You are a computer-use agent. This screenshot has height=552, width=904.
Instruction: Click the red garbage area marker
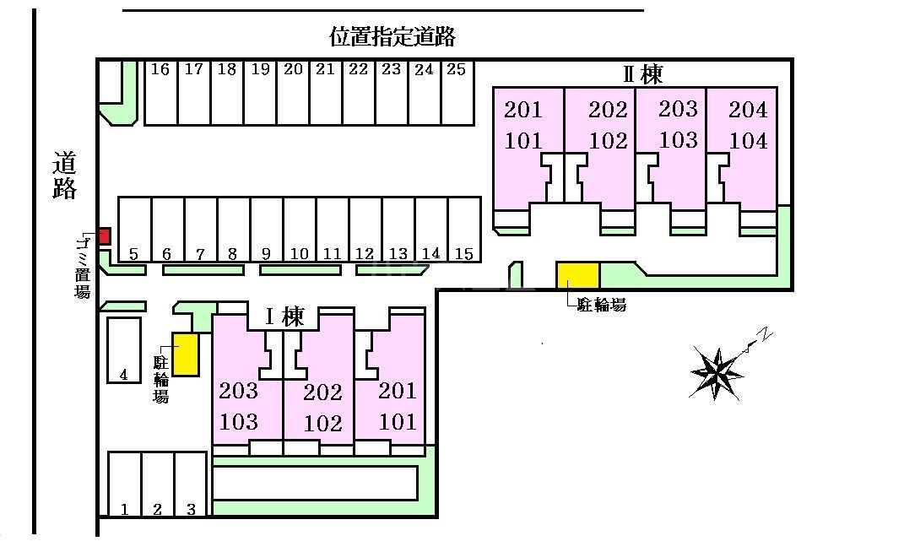point(104,236)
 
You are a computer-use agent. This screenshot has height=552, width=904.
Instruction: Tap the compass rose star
point(717,374)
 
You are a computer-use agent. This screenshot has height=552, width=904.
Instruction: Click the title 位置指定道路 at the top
point(392,36)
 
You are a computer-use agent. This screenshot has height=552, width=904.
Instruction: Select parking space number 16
point(161,92)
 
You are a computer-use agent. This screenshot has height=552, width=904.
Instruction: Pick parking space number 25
point(457,92)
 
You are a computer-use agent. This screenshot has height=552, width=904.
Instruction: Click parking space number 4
point(124,350)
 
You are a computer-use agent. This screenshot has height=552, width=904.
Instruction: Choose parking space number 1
point(125,484)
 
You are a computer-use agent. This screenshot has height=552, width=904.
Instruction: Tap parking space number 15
point(464,230)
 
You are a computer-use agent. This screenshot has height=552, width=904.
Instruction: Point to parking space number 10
point(300,230)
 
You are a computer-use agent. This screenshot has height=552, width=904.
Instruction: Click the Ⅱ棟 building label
point(643,74)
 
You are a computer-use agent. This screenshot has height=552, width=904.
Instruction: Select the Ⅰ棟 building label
point(284,317)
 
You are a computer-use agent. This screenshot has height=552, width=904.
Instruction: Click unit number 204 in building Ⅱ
point(748,110)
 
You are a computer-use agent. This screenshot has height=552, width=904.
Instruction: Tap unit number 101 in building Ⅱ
point(523,141)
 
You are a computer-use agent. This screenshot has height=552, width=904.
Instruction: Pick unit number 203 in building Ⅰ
point(238,391)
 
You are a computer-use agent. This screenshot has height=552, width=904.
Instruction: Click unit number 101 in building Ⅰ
point(398,422)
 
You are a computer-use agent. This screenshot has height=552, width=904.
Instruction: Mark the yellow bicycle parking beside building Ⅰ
point(186,354)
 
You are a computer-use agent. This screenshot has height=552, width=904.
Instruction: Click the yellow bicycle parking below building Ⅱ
point(577,275)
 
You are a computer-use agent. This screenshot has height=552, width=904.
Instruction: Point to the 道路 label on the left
point(64,176)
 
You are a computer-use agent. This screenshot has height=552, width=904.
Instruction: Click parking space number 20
point(294,92)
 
